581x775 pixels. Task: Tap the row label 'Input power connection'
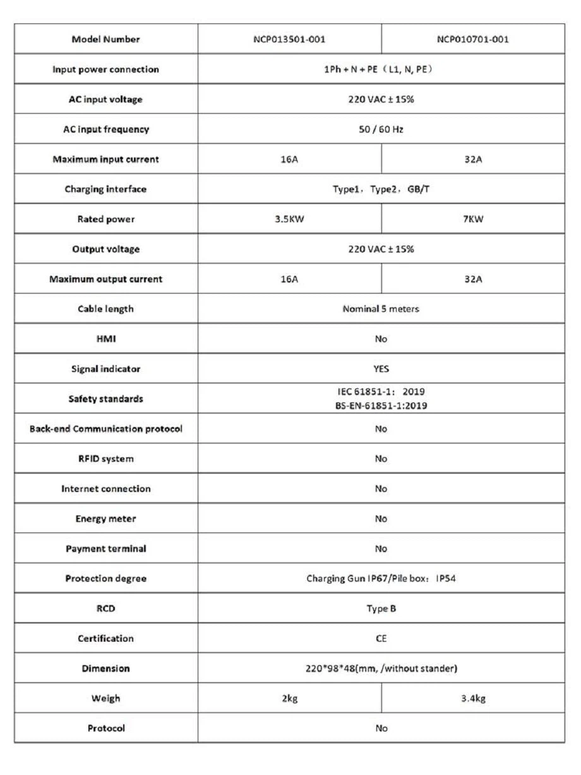pyautogui.click(x=105, y=69)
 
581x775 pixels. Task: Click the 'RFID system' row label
pyautogui.click(x=105, y=459)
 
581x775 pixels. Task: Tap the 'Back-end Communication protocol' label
pyautogui.click(x=105, y=429)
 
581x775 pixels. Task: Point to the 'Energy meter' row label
pyautogui.click(x=105, y=519)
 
